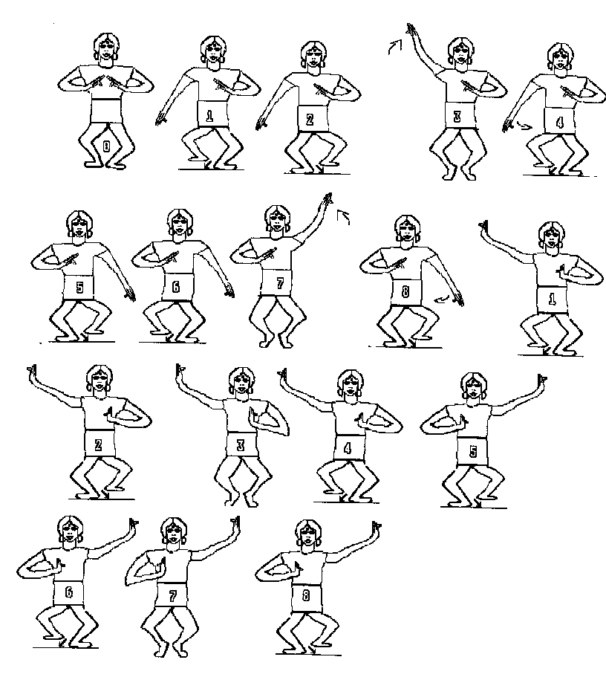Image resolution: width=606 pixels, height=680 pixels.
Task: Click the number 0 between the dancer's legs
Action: tap(106, 146)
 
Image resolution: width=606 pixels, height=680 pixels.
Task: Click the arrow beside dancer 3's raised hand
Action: tap(395, 46)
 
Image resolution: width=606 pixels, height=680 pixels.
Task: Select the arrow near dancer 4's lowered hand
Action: tap(524, 126)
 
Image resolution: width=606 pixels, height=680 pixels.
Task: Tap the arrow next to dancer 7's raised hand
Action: tap(344, 217)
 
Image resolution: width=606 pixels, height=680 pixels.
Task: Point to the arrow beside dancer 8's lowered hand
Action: tap(442, 299)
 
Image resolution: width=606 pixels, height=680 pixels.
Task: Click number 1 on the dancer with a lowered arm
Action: tap(209, 116)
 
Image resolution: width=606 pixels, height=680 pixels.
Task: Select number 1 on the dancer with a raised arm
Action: tap(552, 299)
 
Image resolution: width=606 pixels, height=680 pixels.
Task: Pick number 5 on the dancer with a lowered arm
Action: tap(79, 287)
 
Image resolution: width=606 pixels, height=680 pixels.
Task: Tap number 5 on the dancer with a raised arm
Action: tap(473, 451)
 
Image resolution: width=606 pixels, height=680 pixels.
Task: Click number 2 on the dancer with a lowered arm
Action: tap(310, 119)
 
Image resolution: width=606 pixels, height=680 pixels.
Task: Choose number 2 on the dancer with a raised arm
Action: tap(98, 444)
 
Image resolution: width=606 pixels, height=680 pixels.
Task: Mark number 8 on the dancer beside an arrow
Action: tap(405, 291)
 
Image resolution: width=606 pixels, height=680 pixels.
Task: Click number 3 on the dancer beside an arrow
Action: tap(457, 116)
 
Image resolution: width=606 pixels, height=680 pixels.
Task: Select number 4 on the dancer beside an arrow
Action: tap(560, 122)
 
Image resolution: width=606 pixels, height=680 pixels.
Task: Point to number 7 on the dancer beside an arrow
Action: tap(280, 283)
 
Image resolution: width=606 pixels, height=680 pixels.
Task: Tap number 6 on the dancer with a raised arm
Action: tap(68, 592)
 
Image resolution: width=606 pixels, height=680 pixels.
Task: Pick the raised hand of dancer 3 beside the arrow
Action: tap(411, 30)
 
